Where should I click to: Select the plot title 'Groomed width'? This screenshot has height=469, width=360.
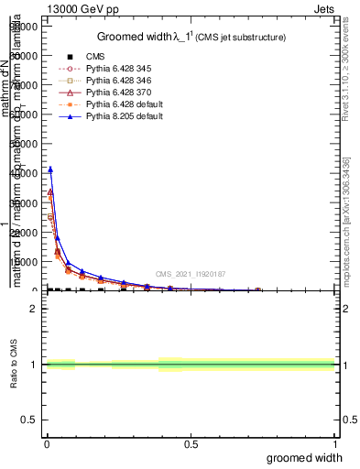pos(135,37)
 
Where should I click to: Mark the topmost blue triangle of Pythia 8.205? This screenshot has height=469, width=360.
pos(50,169)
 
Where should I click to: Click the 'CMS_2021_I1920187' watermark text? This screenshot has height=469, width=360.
pos(190,274)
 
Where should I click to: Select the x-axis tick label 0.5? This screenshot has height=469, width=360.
pos(190,445)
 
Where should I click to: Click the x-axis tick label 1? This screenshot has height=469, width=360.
pos(333,445)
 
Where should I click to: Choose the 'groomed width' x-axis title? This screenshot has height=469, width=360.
pos(308,458)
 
